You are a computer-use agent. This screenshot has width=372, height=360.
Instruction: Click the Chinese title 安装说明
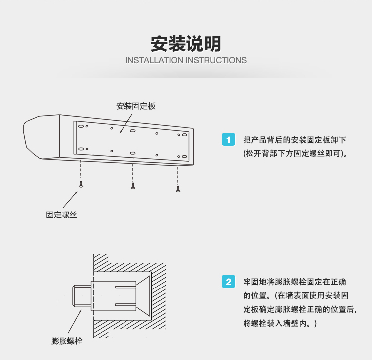pyautogui.click(x=186, y=44)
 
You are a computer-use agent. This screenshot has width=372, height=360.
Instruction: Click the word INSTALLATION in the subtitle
pyautogui.click(x=154, y=60)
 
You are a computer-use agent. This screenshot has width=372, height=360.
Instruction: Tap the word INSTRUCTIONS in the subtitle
pyautogui.click(x=216, y=60)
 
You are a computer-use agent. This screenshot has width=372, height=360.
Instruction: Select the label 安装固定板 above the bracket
pyautogui.click(x=136, y=106)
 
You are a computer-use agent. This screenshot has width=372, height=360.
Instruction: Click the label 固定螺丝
pyautogui.click(x=62, y=215)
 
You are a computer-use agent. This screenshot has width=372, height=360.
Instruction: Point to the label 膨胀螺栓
pyautogui.click(x=67, y=341)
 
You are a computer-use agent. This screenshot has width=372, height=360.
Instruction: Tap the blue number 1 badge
pyautogui.click(x=228, y=140)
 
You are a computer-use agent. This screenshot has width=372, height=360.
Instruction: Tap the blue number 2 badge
pyautogui.click(x=228, y=282)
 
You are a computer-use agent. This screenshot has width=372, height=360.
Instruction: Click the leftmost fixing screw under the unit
pyautogui.click(x=81, y=184)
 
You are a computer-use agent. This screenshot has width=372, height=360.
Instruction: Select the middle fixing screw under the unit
pyautogui.click(x=133, y=186)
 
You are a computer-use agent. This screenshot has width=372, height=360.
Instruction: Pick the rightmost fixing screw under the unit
pyautogui.click(x=178, y=189)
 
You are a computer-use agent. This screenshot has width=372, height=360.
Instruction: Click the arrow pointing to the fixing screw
pyautogui.click(x=70, y=200)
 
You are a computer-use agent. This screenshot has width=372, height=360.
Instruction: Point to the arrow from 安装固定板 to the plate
pyautogui.click(x=126, y=123)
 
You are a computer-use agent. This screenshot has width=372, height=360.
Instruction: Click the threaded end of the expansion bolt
pyautogui.click(x=82, y=296)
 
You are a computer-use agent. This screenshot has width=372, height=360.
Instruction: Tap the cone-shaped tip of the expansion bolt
pyautogui.click(x=143, y=296)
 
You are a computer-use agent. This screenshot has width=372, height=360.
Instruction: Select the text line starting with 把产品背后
pyautogui.click(x=295, y=140)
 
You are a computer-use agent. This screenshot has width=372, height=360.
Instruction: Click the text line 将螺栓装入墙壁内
pyautogui.click(x=280, y=323)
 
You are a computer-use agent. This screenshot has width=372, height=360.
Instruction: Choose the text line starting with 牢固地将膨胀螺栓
pyautogui.click(x=295, y=282)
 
